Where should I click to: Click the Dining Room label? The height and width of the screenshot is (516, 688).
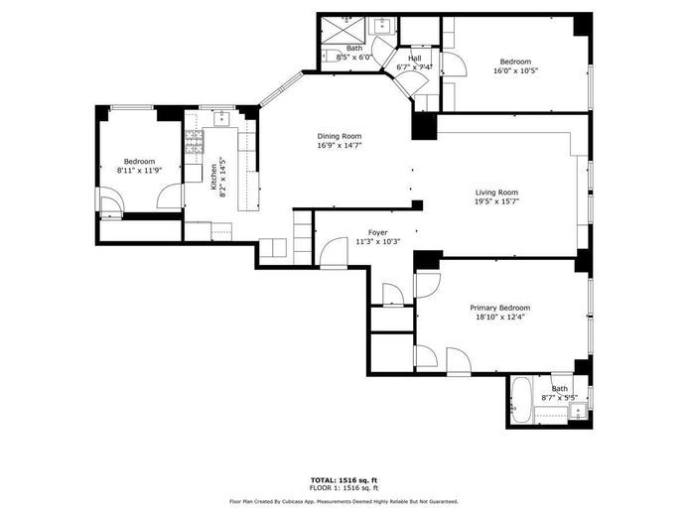click(x=340, y=136)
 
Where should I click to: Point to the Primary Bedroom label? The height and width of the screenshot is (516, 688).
click(x=499, y=308)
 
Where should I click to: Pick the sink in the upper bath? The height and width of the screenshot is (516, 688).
click(x=383, y=27)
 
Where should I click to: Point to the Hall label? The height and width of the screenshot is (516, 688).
click(x=415, y=59)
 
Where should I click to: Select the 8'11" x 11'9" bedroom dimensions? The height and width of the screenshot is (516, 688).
click(x=139, y=171)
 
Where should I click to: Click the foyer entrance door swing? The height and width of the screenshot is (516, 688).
click(x=333, y=252)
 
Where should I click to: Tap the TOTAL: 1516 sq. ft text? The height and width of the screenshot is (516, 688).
click(x=344, y=478)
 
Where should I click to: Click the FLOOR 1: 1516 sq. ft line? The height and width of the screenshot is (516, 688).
click(x=344, y=488)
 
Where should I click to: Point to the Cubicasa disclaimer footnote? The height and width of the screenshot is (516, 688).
click(x=344, y=502)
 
